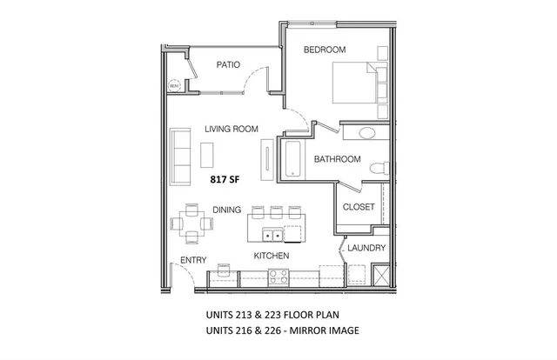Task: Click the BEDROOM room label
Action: (x=325, y=50)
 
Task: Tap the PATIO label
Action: (x=228, y=64)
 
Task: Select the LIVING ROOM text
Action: (x=232, y=130)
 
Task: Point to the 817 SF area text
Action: (x=225, y=179)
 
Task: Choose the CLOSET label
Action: (x=358, y=207)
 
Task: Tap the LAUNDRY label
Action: (x=366, y=248)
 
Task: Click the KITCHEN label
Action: (x=271, y=257)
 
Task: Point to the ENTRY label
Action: (x=192, y=261)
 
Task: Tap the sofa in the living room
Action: (x=181, y=155)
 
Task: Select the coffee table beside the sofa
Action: (x=205, y=154)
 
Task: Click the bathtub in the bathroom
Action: (x=292, y=158)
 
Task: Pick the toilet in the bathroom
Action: (x=376, y=168)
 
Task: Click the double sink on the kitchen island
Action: (x=272, y=234)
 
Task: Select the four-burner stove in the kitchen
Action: (x=278, y=277)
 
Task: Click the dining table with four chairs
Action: (x=192, y=223)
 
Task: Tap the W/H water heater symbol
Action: (x=173, y=85)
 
